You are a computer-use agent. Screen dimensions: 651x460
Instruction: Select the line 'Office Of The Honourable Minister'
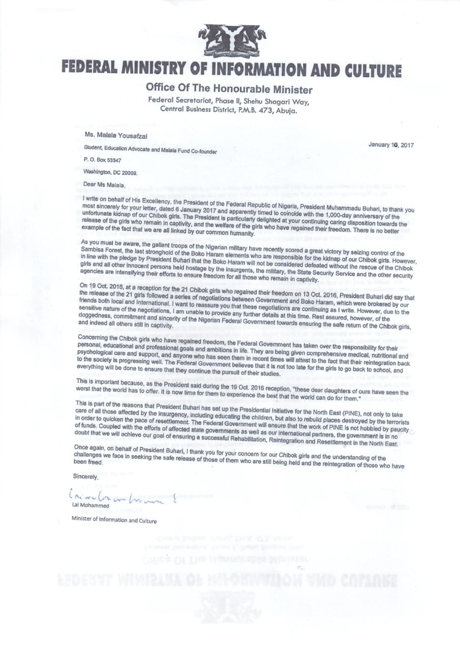pyautogui.click(x=229, y=90)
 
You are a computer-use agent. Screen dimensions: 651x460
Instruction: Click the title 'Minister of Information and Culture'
pyautogui.click(x=114, y=520)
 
